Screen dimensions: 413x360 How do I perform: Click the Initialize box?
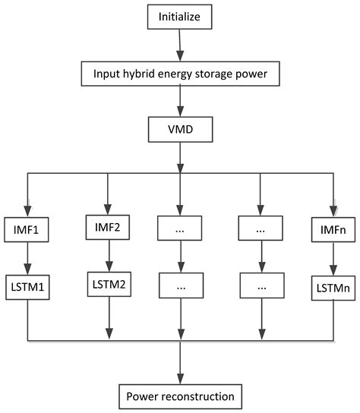pyautogui.click(x=180, y=16)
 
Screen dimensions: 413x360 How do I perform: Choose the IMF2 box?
pyautogui.click(x=107, y=225)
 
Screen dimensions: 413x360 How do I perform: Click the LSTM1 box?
pyautogui.click(x=28, y=288)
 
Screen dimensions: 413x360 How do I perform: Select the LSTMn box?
pyautogui.click(x=334, y=288)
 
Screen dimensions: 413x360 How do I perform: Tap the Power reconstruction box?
pyautogui.click(x=180, y=396)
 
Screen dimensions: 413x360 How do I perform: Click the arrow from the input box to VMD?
pyautogui.click(x=180, y=104)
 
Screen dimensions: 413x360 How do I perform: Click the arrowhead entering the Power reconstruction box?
pyautogui.click(x=180, y=378)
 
